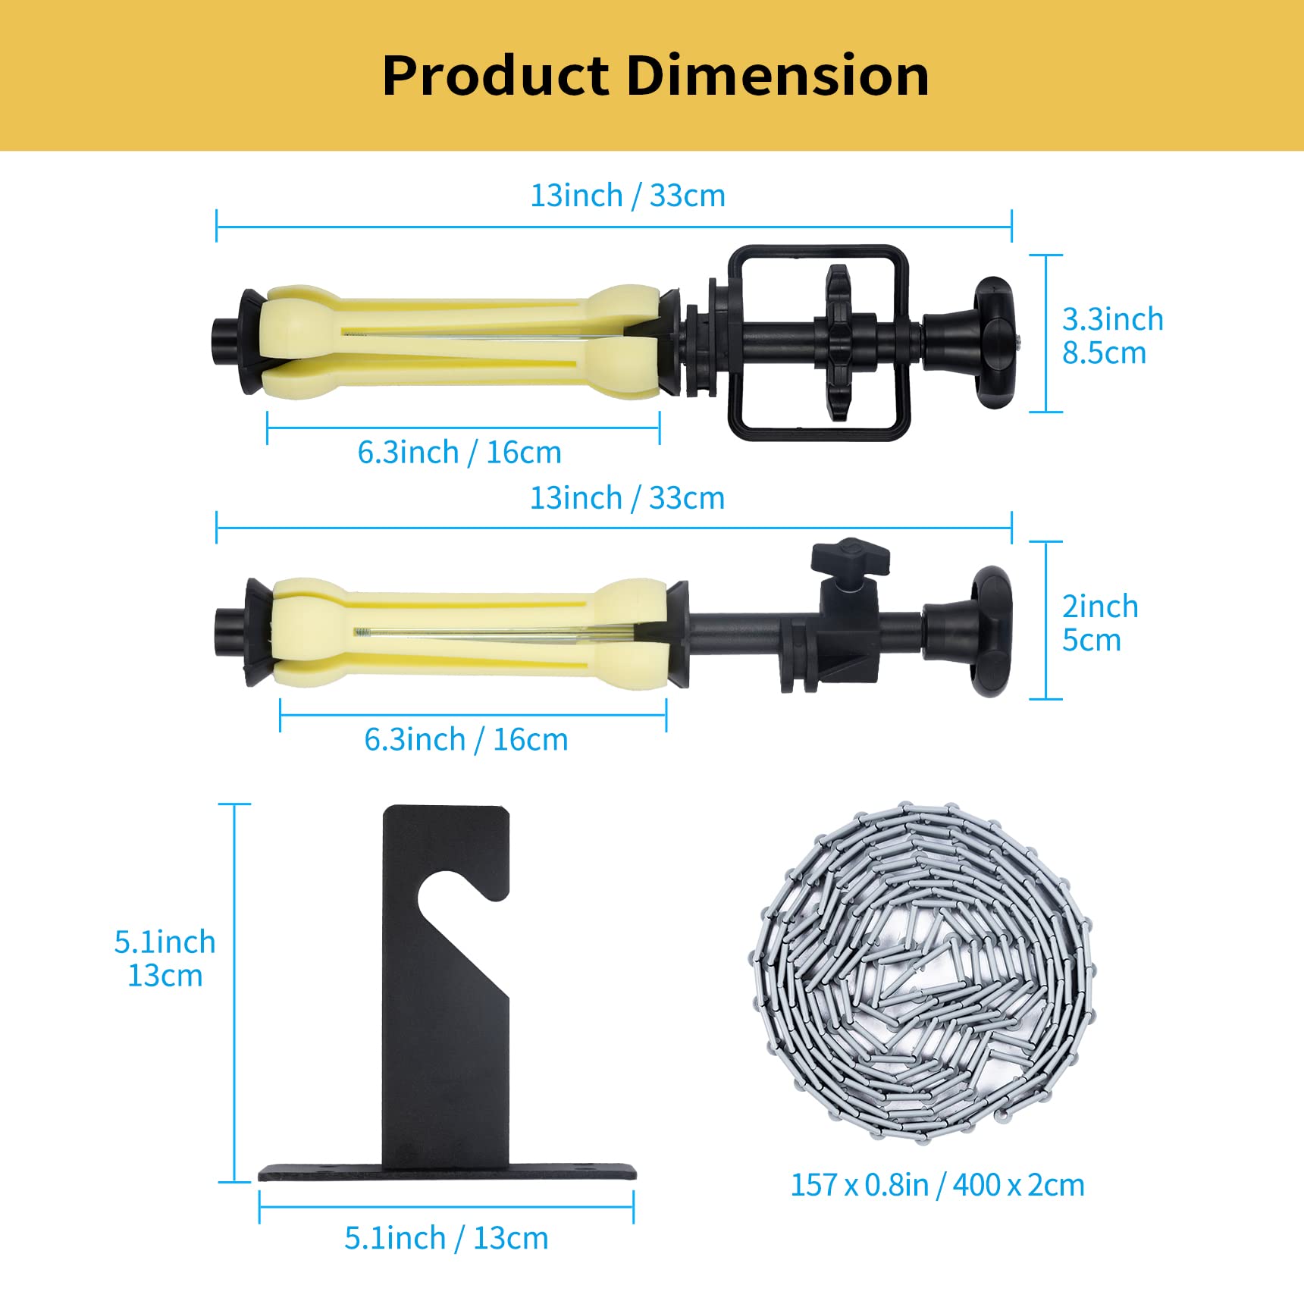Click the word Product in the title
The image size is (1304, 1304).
(496, 75)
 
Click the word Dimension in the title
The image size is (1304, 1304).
(777, 75)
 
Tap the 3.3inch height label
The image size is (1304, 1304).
(1112, 319)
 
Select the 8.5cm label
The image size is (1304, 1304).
(1104, 353)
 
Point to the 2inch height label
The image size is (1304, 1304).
(1100, 607)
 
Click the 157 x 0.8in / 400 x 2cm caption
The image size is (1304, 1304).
(937, 1184)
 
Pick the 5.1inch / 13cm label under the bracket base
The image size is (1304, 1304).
(446, 1237)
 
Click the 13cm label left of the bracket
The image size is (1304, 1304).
(165, 975)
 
